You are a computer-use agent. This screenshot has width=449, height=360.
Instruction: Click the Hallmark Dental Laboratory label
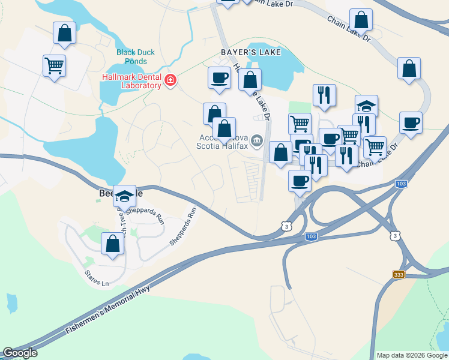point(132,81)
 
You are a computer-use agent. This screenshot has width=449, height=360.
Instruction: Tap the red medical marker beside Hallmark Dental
point(170,80)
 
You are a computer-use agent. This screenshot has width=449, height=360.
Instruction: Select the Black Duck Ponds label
point(136,57)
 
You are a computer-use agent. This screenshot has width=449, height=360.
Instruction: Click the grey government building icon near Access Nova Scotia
point(258,141)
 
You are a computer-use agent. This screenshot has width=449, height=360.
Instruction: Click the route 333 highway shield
point(399,274)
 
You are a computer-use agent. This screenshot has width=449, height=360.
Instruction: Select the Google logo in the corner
point(20,353)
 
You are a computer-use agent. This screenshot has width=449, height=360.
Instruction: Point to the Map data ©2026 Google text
point(411,355)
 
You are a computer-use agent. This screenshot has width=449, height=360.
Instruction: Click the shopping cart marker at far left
point(54,65)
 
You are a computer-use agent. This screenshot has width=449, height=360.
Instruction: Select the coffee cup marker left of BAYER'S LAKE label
point(219,78)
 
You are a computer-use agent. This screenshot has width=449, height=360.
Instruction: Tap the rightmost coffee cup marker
point(411,123)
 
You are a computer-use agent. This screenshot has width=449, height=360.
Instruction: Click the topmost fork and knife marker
point(324,95)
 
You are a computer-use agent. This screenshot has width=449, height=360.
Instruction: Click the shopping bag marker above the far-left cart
point(64,33)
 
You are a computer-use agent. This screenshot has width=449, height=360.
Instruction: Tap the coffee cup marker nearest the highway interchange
point(300,181)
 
